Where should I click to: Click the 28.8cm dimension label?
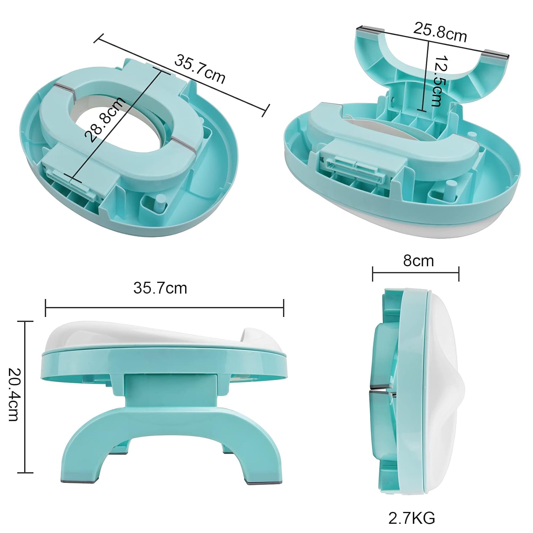[x=105, y=119]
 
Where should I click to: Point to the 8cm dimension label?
[x=418, y=261]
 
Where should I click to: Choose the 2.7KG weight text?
[x=411, y=518]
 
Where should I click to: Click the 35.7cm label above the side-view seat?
[x=160, y=288]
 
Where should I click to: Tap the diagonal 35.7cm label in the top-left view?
[x=199, y=69]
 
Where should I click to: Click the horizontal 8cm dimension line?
[x=416, y=273]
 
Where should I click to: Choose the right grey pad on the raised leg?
[x=497, y=54]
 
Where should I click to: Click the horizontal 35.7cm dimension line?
[x=164, y=308]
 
